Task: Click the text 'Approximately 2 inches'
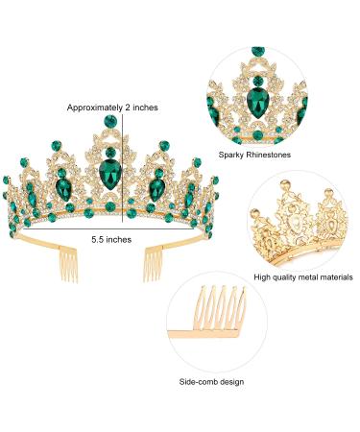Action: click(x=113, y=108)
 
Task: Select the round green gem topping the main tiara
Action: click(x=108, y=121)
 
